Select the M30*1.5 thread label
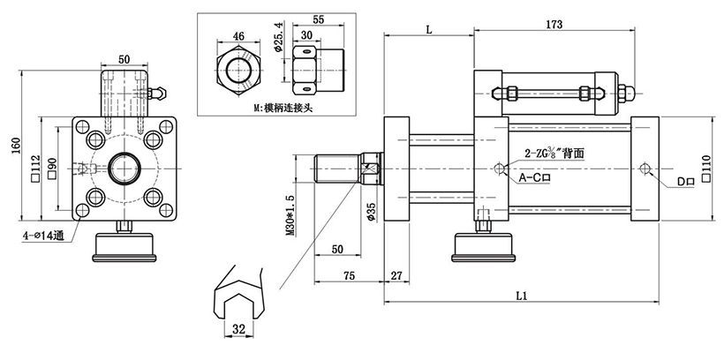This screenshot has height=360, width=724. tap(290, 217)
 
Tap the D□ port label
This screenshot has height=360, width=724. tap(686, 182)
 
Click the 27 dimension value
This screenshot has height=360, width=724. tap(396, 274)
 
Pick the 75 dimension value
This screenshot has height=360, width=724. tap(350, 274)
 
